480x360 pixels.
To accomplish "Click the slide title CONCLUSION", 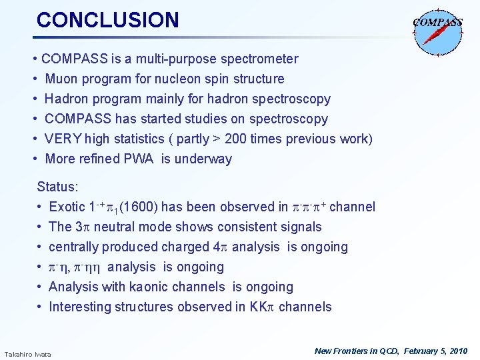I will pos(108,20).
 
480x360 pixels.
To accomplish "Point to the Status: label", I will pos(57,187).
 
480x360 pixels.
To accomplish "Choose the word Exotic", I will pos(67,207).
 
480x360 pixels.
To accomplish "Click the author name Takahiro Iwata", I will pos(27,353).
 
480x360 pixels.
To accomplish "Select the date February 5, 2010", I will pos(433,351).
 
